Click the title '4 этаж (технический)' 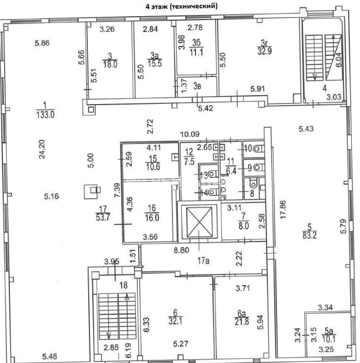tap(182, 6)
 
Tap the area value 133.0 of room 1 tap(45, 115)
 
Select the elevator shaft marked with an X tap(199, 222)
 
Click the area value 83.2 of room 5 tap(310, 235)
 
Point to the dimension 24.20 tap(42, 149)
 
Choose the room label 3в tap(197, 86)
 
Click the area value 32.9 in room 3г tap(265, 51)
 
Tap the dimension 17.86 tap(283, 209)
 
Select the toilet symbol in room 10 tap(258, 149)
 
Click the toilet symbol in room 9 tap(258, 168)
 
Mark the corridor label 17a tap(203, 261)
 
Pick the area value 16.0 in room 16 tap(152, 218)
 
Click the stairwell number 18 tap(124, 285)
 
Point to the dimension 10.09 tap(190, 134)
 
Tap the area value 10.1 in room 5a tap(329, 340)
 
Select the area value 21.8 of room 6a tap(242, 322)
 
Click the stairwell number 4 tap(325, 88)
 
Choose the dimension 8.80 tap(182, 250)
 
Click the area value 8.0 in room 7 tap(244, 226)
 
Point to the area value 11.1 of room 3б tap(196, 52)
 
